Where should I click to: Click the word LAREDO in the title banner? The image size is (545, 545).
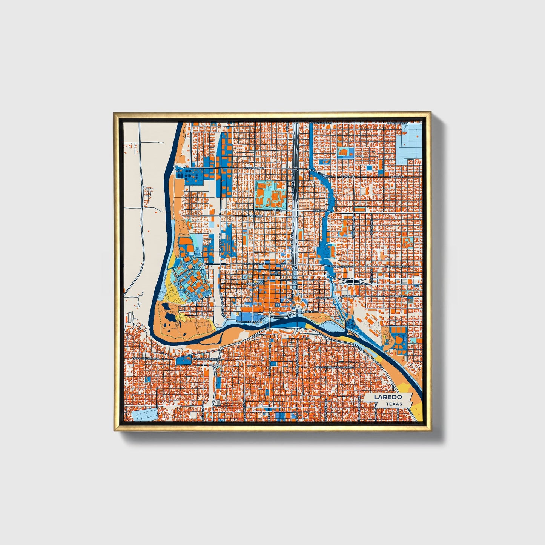coord(387,397)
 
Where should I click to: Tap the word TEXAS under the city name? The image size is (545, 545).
coord(394,404)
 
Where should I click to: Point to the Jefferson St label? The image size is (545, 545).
coord(255,167)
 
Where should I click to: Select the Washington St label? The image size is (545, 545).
coord(255,264)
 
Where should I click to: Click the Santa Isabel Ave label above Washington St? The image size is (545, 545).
coord(220,245)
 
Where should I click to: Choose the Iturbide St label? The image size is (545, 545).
coord(322,297)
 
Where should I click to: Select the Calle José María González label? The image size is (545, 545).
coord(335,367)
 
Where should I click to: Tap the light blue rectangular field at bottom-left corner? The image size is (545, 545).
coord(145,414)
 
